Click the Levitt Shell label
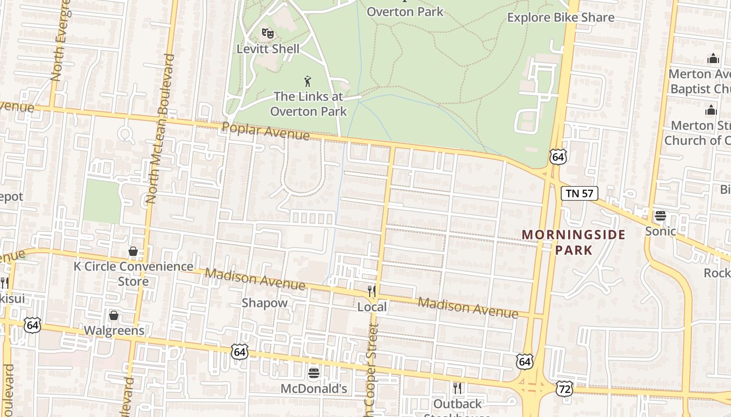pos(268,49)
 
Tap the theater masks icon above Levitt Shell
pos(268,33)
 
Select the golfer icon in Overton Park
pos(308,81)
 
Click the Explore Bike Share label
pos(561,17)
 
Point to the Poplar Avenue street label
pos(266,131)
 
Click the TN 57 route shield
pos(579,193)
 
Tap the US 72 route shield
pos(564,389)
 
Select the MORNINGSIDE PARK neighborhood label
pos(574,242)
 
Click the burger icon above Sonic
pos(660,216)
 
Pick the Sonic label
pos(661,231)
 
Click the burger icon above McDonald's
pos(314,373)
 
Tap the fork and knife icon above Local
pos(372,291)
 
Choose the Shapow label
pos(264,303)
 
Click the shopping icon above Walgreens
pos(114,315)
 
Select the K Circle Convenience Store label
pos(133,274)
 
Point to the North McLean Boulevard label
pos(161,128)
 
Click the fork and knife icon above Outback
pos(457,388)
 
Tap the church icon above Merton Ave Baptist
pos(713,58)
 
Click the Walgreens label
pos(114,330)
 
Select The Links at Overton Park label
pos(309,104)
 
